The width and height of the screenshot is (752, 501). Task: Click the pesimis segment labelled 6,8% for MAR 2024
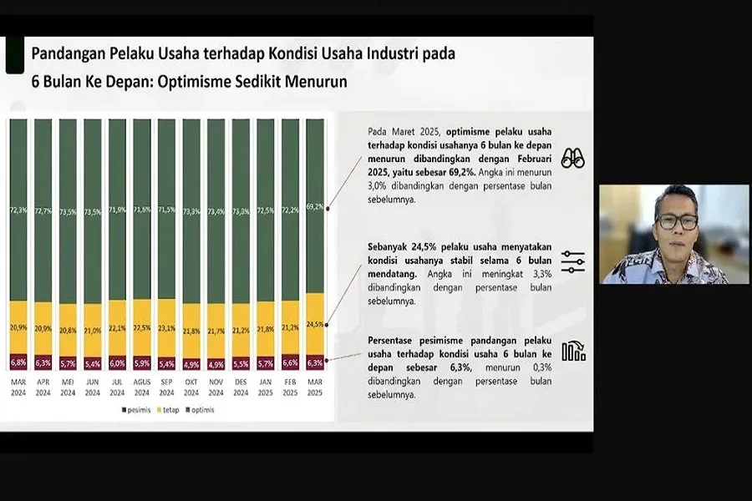click(x=18, y=362)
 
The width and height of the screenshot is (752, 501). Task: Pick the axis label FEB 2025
click(x=290, y=387)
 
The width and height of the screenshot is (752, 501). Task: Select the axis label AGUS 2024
click(x=142, y=387)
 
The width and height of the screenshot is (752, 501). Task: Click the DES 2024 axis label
click(x=241, y=387)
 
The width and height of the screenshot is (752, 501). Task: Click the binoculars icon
click(x=572, y=158)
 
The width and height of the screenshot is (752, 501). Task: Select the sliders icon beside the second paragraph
click(x=572, y=261)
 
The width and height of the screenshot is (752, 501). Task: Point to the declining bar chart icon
click(x=573, y=352)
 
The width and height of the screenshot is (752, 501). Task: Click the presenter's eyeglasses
click(x=676, y=222)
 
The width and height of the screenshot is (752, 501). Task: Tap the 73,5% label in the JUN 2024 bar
click(x=93, y=212)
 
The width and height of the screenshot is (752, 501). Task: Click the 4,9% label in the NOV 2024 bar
click(x=216, y=364)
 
